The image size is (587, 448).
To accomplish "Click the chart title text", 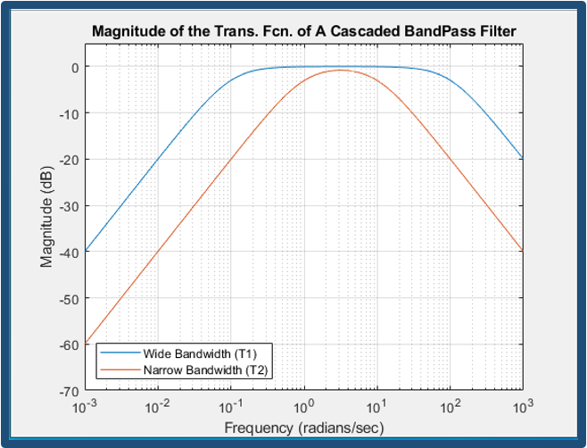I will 303,32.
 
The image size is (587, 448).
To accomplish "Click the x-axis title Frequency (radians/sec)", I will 303,428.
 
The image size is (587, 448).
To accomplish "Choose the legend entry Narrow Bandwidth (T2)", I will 205,368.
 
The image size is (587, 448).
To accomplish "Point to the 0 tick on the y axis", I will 74,67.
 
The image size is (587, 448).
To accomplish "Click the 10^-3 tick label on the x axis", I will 85,406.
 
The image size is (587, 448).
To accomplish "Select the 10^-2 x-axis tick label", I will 158,406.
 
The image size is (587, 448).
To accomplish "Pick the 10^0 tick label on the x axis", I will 304,406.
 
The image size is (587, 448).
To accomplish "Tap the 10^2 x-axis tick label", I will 450,406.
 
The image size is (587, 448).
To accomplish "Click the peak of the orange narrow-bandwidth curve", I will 340,70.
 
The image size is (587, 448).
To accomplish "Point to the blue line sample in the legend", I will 120,353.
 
